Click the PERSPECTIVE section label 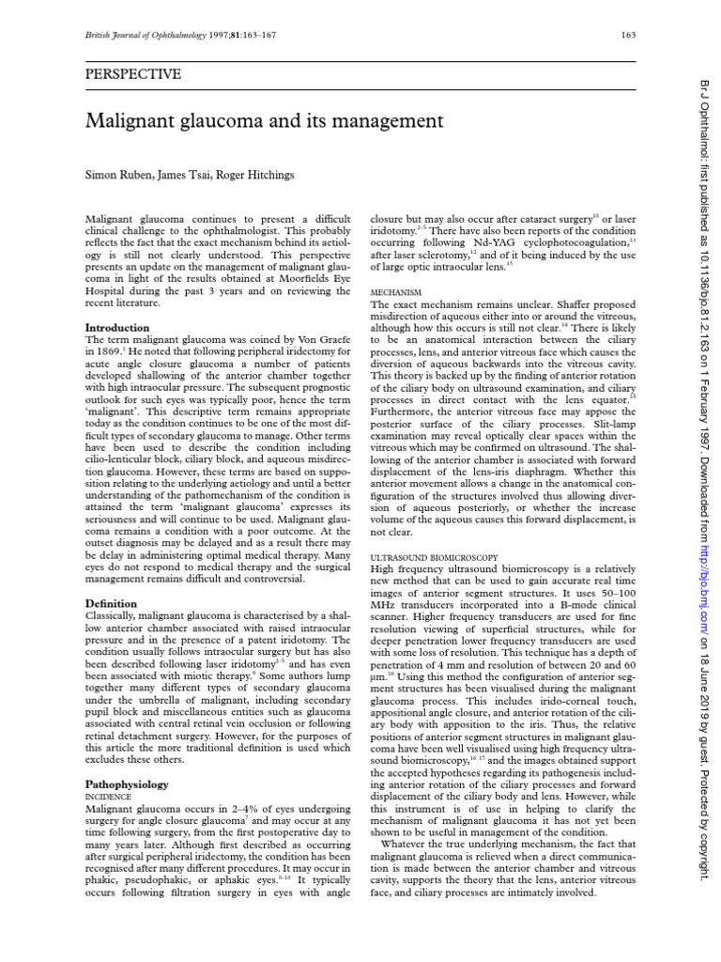(132, 74)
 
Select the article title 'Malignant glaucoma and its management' (263, 121)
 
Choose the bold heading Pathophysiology (127, 784)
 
